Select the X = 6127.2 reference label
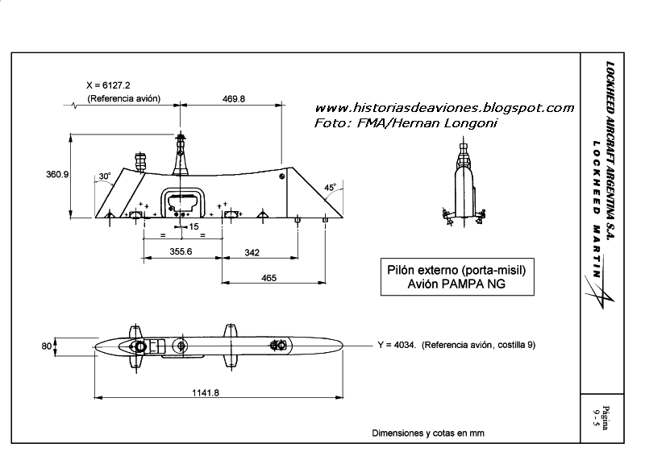114,85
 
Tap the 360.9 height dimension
56,174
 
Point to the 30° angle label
104,176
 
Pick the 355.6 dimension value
181,252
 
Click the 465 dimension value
268,278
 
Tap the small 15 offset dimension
193,227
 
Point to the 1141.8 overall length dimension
206,392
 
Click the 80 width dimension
47,346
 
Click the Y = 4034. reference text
456,345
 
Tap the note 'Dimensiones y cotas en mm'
428,433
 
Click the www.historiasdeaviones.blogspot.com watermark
443,108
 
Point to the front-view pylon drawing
462,182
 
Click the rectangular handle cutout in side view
185,201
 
